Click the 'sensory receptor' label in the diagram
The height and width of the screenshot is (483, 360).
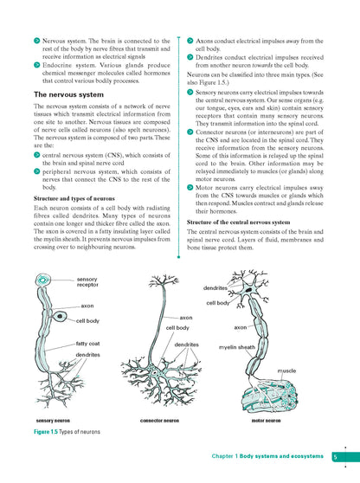click(x=87, y=281)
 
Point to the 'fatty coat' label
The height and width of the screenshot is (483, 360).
click(x=89, y=344)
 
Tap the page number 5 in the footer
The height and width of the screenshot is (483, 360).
click(x=334, y=456)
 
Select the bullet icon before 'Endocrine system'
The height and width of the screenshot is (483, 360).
click(x=27, y=61)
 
